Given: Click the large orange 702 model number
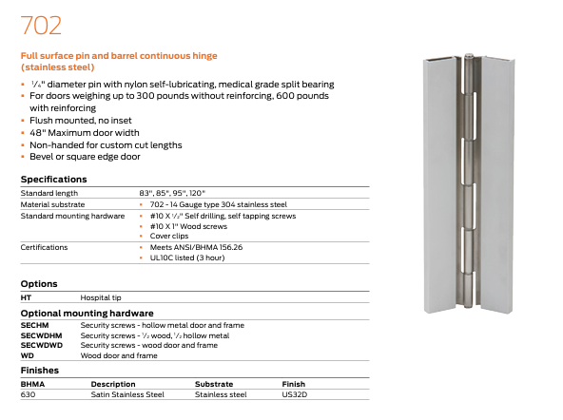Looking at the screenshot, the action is point(41,26).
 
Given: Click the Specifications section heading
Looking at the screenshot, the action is point(54,180).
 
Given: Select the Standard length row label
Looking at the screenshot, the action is point(49,193).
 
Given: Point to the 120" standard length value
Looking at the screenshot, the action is point(197,193).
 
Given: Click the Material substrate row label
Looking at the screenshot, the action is point(53,204).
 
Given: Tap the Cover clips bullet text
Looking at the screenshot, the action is point(169,236).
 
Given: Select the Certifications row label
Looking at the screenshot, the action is point(44,247).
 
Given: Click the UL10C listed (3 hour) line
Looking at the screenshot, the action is point(187,258).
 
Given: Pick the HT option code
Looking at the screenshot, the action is point(26,297).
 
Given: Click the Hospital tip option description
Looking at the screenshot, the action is point(101,297).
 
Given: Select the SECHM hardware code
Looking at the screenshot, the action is point(35,325).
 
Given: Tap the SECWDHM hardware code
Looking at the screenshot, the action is point(41,335).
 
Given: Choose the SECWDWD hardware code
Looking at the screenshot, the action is point(42,345).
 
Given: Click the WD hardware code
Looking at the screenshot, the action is point(28,355).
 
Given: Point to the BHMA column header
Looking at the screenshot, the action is point(32,384).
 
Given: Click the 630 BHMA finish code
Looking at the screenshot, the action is point(28,394).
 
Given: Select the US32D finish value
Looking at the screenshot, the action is point(295,394).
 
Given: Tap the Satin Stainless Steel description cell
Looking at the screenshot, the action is point(127,394).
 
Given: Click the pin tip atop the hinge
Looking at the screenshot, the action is point(468,56).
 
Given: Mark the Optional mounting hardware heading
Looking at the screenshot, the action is point(87,314).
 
